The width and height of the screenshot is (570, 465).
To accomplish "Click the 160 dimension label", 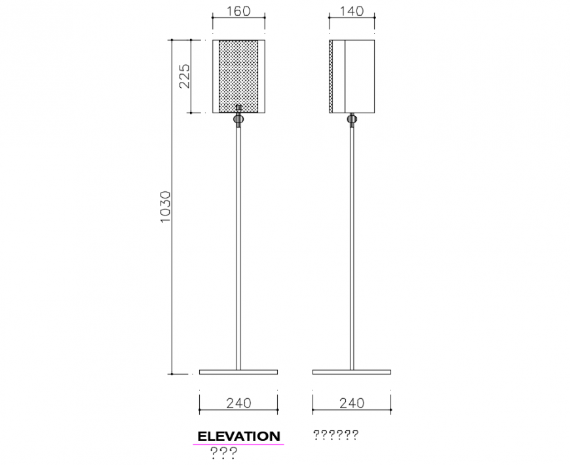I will tap(238, 12).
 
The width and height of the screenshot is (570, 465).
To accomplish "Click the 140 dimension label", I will tap(352, 12).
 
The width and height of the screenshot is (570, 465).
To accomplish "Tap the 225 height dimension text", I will tap(184, 76).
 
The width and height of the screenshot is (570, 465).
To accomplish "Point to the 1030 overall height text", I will tap(165, 207).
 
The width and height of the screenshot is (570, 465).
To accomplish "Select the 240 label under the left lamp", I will tap(238, 403).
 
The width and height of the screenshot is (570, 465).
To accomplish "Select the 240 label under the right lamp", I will tap(352, 403).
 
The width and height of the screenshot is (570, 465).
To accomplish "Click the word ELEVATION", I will tap(238, 436).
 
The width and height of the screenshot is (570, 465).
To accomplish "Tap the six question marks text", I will tap(335, 435).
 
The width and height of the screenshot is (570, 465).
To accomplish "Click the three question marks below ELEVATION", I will tap(223, 453).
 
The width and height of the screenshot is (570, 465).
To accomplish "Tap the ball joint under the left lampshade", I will tap(239, 119).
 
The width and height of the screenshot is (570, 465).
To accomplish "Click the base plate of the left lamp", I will tap(238, 372).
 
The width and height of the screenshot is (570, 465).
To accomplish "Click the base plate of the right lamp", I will tap(352, 372).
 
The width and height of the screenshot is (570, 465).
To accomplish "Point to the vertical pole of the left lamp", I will tap(238, 249).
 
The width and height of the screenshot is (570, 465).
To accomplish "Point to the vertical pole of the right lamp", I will tap(352, 249).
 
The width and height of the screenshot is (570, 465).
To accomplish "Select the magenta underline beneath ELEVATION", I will tap(238, 445).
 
